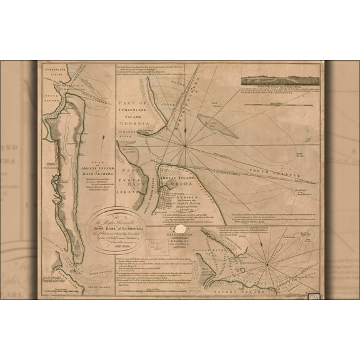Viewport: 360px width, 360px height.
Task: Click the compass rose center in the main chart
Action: point(186,146)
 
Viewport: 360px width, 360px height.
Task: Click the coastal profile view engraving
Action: point(281,81)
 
